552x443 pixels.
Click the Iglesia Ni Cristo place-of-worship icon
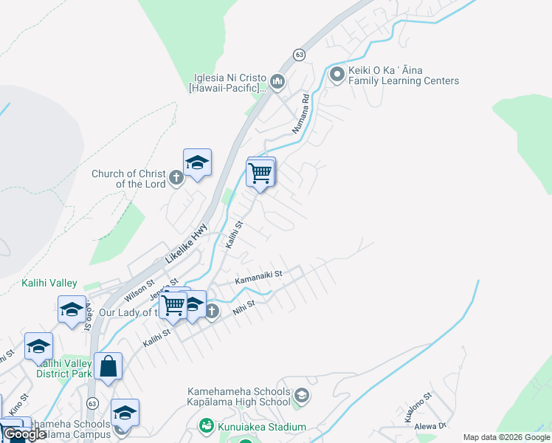pyautogui.click(x=277, y=81)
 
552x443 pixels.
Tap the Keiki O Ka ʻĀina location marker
pyautogui.click(x=337, y=74)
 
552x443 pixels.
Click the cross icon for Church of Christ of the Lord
pyautogui.click(x=176, y=177)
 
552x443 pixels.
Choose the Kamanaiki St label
pyautogui.click(x=259, y=278)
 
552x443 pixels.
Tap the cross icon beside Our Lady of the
pyautogui.click(x=212, y=312)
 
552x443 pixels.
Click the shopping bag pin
pyautogui.click(x=108, y=366)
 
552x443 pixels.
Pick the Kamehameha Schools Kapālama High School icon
pyautogui.click(x=300, y=396)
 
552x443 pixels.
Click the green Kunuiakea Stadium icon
pyautogui.click(x=207, y=426)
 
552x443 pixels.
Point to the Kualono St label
pyautogui.click(x=418, y=409)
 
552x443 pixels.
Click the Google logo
pyautogui.click(x=24, y=434)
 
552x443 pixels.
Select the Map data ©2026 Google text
pyautogui.click(x=506, y=437)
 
